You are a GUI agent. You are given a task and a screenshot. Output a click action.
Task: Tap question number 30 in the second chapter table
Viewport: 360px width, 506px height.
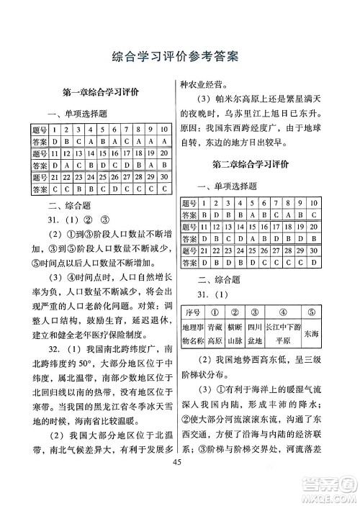(x=312, y=251)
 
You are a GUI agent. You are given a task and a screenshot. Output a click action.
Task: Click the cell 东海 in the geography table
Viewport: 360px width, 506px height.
(x=310, y=335)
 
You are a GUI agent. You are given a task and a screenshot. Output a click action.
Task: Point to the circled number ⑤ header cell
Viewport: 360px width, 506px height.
(x=310, y=314)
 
